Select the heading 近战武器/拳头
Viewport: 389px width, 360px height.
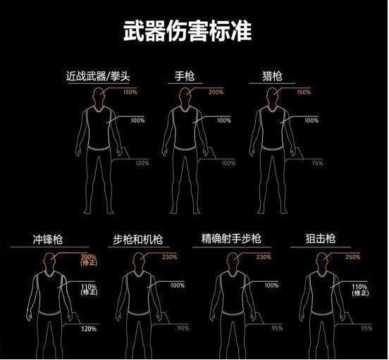pos(98,77)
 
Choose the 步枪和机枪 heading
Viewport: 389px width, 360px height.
pos(137,240)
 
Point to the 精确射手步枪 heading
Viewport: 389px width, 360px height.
pos(231,240)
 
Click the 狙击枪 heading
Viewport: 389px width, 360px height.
pos(320,240)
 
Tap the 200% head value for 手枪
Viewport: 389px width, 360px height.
pos(216,92)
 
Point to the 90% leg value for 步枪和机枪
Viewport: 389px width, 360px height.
pos(183,328)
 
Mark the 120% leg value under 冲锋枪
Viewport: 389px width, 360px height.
pos(89,329)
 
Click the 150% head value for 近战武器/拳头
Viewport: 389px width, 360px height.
pos(130,92)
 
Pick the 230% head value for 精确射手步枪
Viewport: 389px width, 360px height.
pos(264,257)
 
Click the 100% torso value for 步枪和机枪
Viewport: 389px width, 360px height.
pos(178,285)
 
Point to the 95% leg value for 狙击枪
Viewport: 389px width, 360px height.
pos(366,328)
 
